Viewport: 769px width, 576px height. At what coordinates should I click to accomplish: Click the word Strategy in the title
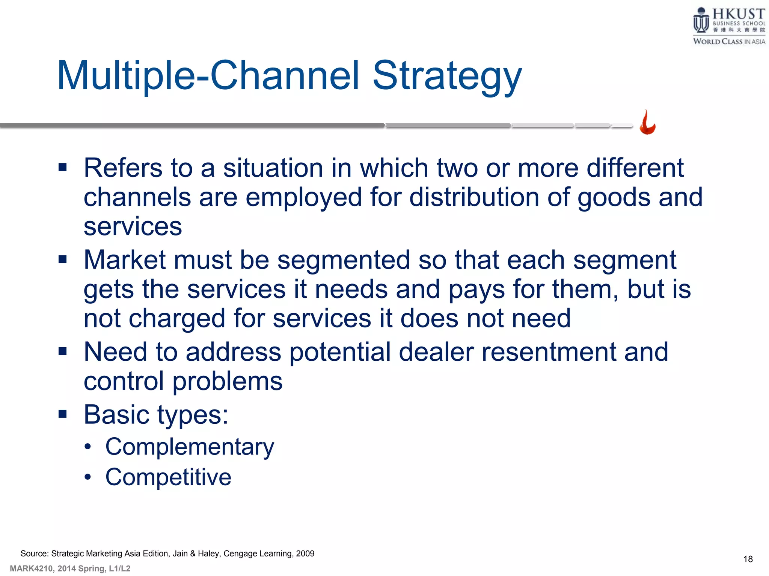[447, 77]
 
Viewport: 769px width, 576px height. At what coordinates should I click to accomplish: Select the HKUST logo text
[738, 14]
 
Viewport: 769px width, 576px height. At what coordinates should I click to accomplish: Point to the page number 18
[748, 559]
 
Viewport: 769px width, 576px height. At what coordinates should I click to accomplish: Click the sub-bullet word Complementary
[190, 447]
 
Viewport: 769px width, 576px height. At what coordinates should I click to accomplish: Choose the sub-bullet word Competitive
[168, 477]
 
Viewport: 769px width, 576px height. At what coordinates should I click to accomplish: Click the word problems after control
[227, 382]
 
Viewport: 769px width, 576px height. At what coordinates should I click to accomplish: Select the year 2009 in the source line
[305, 553]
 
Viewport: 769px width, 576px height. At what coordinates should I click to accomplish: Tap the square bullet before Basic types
[63, 414]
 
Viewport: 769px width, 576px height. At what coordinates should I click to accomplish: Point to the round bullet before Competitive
[88, 477]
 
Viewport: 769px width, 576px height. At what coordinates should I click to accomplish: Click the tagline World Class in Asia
[729, 42]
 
